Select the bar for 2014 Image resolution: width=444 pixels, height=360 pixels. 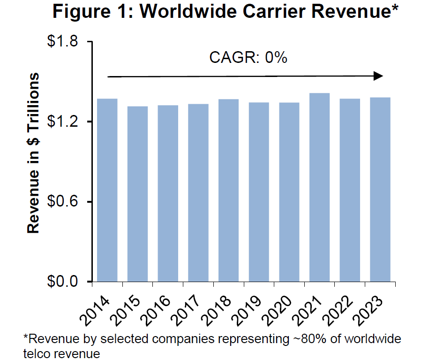107,190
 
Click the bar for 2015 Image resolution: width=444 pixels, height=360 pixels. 137,194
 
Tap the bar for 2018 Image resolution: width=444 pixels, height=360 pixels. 228,190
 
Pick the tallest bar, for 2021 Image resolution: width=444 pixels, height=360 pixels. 319,187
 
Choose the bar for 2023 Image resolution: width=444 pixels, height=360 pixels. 380,189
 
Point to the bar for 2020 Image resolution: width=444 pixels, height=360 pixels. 289,192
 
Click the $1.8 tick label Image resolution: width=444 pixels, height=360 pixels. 65,42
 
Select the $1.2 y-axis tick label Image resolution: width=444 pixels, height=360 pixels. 65,122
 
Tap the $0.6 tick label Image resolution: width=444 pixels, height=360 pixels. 65,202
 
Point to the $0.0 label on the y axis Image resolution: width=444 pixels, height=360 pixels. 65,282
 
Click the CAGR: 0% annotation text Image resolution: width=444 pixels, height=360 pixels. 248,58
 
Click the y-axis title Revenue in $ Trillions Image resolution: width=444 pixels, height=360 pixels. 33,153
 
